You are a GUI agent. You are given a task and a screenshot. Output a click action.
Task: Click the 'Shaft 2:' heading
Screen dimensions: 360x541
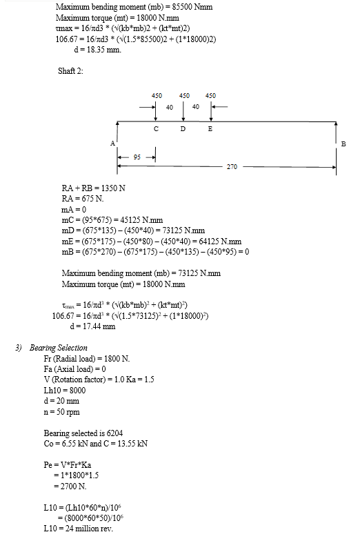tap(70, 71)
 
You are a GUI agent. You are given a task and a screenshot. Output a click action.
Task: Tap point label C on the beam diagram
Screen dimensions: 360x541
tap(156, 128)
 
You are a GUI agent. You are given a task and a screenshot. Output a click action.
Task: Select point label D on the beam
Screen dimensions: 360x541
tap(183, 128)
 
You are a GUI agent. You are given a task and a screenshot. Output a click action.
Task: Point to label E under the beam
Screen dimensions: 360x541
tap(210, 128)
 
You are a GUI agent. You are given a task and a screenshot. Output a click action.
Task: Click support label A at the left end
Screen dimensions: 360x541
tap(112, 144)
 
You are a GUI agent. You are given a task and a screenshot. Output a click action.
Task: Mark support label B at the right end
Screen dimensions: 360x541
tap(343, 144)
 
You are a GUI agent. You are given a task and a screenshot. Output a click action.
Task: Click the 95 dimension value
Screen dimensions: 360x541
tap(137, 157)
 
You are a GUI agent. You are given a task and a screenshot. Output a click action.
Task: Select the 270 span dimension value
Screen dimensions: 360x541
tap(232, 167)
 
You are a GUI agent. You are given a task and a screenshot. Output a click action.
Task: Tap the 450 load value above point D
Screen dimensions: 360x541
tap(184, 95)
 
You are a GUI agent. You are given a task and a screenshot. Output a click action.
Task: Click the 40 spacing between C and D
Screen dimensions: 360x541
tap(170, 108)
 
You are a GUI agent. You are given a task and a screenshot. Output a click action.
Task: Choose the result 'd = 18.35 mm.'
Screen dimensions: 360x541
tap(98, 50)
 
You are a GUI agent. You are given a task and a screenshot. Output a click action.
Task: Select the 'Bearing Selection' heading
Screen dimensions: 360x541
tap(58, 348)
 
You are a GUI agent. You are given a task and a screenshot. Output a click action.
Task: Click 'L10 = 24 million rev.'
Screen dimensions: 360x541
tap(79, 529)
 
